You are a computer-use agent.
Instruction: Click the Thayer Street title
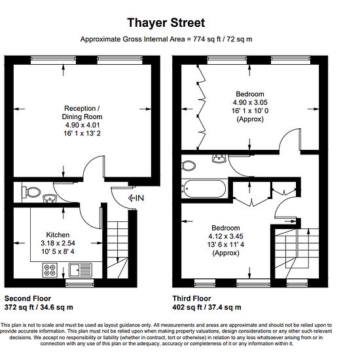[166, 23]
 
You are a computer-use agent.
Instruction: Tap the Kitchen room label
[58, 234]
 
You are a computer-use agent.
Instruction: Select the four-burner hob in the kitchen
[50, 270]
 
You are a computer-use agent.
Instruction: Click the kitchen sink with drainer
[81, 270]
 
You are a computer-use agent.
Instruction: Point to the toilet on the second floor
[31, 192]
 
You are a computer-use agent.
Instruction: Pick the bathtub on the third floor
[204, 189]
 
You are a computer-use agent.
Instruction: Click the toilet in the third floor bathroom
[189, 166]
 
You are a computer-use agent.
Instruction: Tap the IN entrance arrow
[136, 198]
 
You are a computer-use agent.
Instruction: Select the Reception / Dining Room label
[82, 113]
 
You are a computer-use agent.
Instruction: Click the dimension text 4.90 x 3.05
[250, 102]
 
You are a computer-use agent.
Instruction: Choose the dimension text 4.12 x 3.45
[226, 236]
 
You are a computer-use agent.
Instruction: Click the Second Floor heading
[27, 298]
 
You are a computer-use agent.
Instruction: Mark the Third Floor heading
[192, 298]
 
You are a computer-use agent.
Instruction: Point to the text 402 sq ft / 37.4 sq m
[207, 307]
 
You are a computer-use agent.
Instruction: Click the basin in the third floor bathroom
[219, 158]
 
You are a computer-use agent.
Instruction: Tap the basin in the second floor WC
[50, 198]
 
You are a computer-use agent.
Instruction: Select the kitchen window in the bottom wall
[80, 283]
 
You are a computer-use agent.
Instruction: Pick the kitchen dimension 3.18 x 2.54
[58, 243]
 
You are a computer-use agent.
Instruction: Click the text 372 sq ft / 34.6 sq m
[39, 307]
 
